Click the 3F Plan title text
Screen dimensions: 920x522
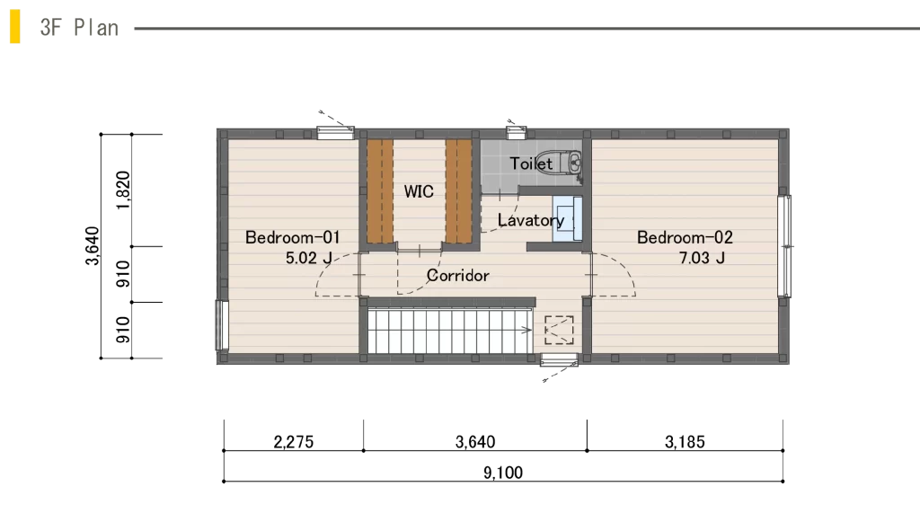[79, 28]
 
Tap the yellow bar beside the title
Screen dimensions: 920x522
[14, 26]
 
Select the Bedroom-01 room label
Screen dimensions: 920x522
[292, 237]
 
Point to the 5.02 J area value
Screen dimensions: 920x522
[309, 258]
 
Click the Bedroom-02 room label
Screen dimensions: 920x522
[685, 237]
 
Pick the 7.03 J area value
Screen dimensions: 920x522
[702, 258]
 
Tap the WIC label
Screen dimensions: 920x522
[419, 191]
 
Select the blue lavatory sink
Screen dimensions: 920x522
[567, 218]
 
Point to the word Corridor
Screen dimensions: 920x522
[457, 275]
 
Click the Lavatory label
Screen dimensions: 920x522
[530, 220]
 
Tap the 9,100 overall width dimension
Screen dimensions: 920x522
[503, 473]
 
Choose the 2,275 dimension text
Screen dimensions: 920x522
[294, 442]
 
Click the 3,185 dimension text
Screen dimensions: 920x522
[685, 442]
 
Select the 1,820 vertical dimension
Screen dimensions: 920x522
[122, 190]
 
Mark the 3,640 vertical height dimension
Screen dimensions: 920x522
[93, 246]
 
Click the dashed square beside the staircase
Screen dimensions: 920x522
[559, 331]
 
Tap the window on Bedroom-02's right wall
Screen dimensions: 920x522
[784, 246]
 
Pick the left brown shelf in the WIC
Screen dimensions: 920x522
[380, 191]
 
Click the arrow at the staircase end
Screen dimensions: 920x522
[526, 331]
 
